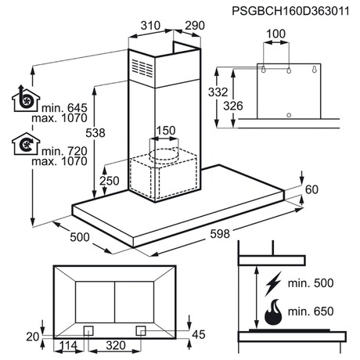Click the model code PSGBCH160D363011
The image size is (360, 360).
(x=290, y=11)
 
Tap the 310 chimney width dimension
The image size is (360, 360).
(x=150, y=26)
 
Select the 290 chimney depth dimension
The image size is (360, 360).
(x=195, y=26)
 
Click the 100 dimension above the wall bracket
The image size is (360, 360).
(x=276, y=34)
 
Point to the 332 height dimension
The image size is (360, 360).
(x=218, y=92)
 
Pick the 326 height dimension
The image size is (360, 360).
(x=233, y=106)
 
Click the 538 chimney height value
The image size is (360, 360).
(x=95, y=133)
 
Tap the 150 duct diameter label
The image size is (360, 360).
(x=166, y=131)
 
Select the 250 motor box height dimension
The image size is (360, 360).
(x=110, y=181)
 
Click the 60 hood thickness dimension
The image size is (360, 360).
(x=311, y=189)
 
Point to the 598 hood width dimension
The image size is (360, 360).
(x=220, y=234)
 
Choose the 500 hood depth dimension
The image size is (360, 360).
(x=80, y=237)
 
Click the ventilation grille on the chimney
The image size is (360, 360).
(x=142, y=68)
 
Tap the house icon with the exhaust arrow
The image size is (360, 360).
(x=25, y=99)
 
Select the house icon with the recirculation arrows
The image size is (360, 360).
(x=26, y=144)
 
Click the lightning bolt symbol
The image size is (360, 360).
(x=273, y=283)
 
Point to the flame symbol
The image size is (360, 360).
(x=273, y=312)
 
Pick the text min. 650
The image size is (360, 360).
(x=311, y=311)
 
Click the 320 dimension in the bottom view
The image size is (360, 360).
(x=116, y=345)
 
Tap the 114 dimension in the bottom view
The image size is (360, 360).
(x=68, y=345)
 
